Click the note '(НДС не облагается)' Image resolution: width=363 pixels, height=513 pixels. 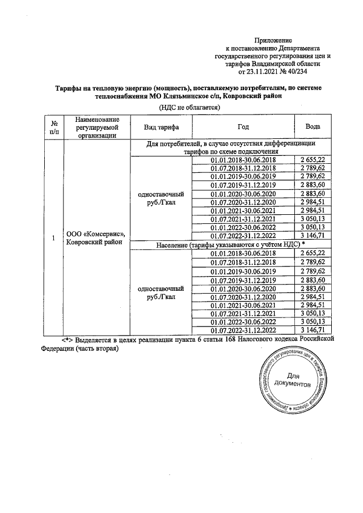pos(181,107)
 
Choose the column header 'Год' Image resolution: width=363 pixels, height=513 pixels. pos(243,127)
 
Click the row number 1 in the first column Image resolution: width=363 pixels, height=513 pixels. pos(53,239)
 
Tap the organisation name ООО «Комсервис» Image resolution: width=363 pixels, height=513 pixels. pos(95,234)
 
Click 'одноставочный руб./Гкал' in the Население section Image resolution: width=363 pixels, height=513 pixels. pos(161,293)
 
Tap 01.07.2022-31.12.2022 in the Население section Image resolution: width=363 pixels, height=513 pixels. pos(243,330)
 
